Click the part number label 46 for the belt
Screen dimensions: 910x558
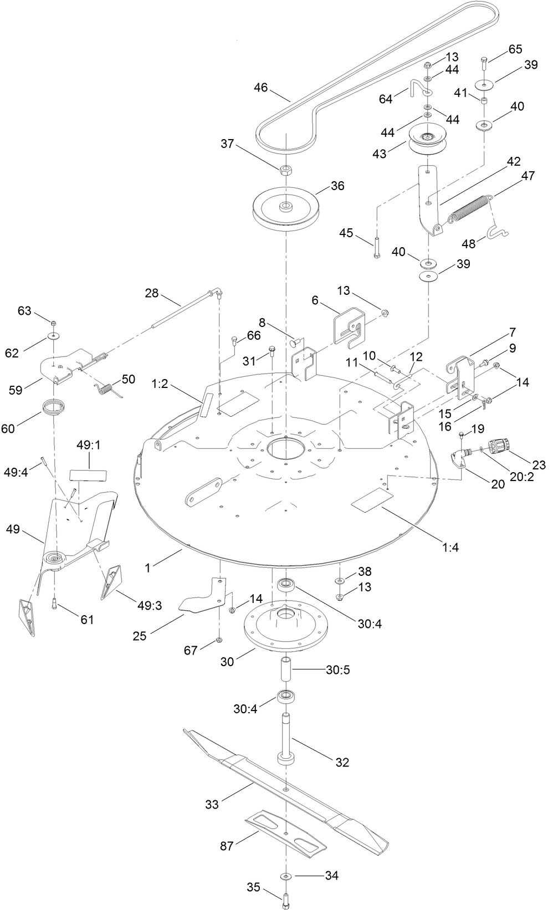pos(261,87)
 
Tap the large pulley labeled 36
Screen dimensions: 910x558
pos(286,213)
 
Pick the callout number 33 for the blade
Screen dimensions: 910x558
pos(212,804)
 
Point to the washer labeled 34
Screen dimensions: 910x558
pos(286,876)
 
